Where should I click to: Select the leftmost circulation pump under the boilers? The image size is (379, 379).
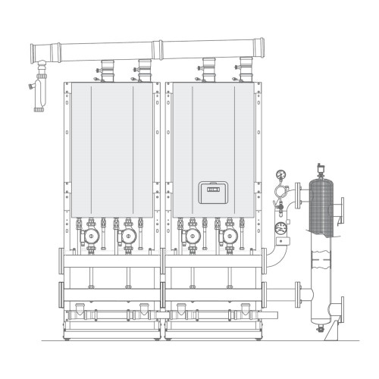[x=92, y=237]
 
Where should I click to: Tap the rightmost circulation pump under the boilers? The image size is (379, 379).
[x=228, y=237]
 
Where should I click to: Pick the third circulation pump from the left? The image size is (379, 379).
[x=193, y=237]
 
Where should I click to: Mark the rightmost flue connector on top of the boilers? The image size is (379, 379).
[x=245, y=67]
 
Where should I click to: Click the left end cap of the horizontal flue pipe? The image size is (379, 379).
[x=33, y=53]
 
